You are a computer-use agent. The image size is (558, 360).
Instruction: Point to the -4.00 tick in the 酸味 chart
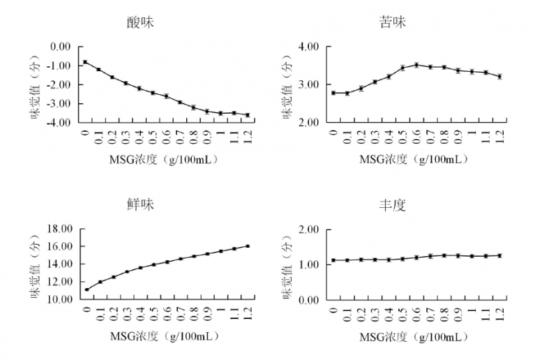59,122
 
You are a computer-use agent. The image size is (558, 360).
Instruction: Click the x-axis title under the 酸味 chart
164,159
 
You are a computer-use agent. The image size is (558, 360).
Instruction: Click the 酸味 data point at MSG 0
85,61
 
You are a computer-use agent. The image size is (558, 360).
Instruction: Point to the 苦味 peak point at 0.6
416,65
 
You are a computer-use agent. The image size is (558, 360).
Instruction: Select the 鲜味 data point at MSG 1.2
248,246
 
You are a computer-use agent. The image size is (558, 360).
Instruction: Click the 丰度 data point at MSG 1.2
499,255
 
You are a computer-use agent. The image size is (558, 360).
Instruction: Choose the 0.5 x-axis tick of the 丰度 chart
402,313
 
